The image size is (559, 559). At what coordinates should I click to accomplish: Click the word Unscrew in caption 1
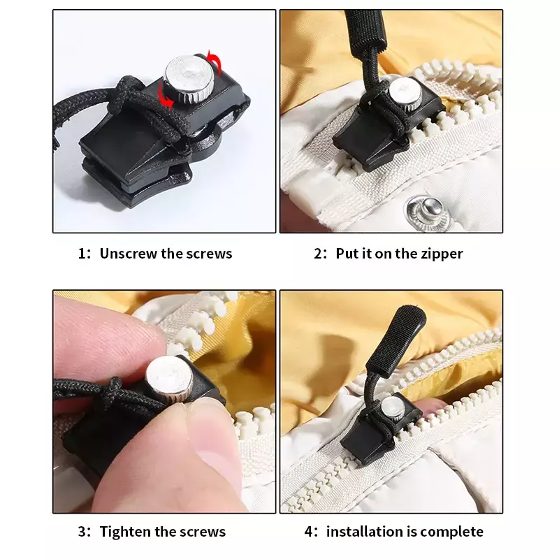(129, 254)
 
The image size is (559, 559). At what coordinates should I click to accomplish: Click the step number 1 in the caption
(82, 254)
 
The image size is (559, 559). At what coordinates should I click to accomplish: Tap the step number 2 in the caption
(318, 254)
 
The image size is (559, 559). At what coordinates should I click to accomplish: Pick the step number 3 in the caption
(82, 532)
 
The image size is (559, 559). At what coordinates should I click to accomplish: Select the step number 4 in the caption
(309, 532)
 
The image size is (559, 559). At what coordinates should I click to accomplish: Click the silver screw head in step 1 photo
(189, 77)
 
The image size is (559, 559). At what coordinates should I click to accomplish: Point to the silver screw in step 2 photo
(405, 94)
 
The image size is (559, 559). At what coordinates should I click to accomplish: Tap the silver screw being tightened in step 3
(169, 379)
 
